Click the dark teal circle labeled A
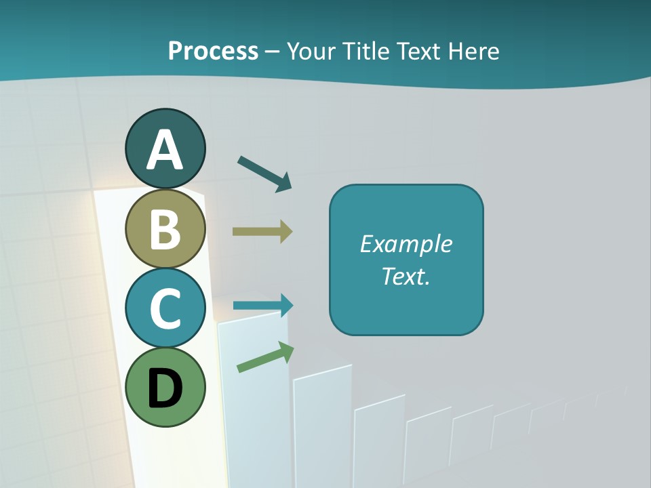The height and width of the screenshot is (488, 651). (x=165, y=148)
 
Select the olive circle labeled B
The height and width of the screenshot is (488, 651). (x=165, y=228)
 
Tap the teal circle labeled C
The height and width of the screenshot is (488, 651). (x=165, y=308)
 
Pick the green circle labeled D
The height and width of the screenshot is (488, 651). (x=165, y=387)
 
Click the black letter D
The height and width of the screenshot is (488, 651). (x=165, y=388)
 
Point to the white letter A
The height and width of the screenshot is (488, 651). (x=165, y=150)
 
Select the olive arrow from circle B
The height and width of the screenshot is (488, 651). (x=262, y=231)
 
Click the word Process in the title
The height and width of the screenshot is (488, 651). (x=213, y=51)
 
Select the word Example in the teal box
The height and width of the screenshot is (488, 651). (x=406, y=244)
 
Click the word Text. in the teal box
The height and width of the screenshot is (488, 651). (x=406, y=276)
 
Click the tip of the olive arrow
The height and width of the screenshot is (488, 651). (x=292, y=231)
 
